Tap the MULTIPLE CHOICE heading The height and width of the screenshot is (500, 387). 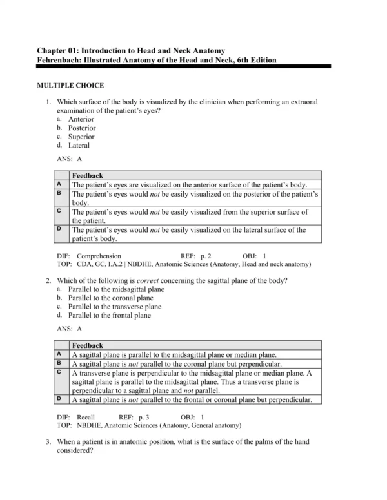tap(70, 85)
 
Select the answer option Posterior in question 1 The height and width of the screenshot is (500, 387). tap(82, 128)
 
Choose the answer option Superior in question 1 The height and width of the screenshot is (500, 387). tap(81, 137)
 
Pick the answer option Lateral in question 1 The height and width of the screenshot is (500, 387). tap(79, 145)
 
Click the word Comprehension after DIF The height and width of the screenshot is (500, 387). tap(99, 256)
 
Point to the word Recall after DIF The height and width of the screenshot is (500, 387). tap(86, 418)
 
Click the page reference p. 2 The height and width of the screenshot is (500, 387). tap(206, 256)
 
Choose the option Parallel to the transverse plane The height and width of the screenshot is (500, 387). tap(115, 307)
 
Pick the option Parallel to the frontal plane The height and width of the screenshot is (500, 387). tap(110, 316)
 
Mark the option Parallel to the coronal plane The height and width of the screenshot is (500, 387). tap(111, 298)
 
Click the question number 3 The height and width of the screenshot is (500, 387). tap(48, 442)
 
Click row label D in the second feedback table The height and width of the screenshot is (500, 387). tap(59, 399)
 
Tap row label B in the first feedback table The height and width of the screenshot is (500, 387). tap(59, 193)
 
